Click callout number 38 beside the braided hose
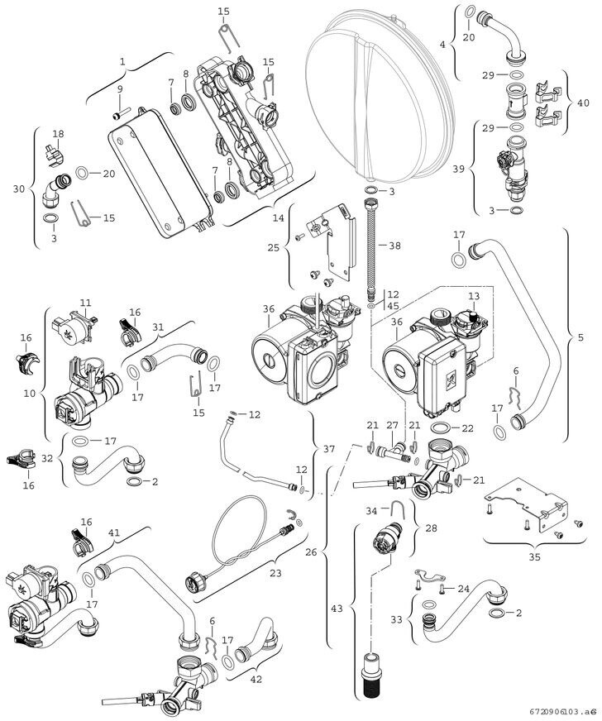click(394, 246)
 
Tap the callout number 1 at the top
click(122, 61)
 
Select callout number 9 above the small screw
click(120, 88)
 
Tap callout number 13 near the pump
click(474, 296)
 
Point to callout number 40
click(584, 104)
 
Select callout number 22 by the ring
click(468, 427)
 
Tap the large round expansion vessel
click(380, 91)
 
